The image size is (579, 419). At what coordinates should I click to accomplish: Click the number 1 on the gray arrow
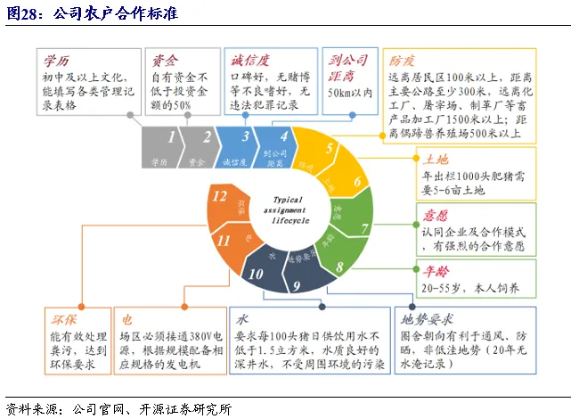[171, 137]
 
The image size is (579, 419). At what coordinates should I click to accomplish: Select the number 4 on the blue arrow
[284, 137]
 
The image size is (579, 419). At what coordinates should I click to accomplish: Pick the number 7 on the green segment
[364, 229]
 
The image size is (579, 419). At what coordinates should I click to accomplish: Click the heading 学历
[56, 61]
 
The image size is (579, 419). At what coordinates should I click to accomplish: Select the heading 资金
[166, 61]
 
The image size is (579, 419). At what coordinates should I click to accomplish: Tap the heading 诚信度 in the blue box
[251, 61]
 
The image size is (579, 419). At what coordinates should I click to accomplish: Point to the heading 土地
[436, 159]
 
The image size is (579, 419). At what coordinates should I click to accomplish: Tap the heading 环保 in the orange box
[61, 317]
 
